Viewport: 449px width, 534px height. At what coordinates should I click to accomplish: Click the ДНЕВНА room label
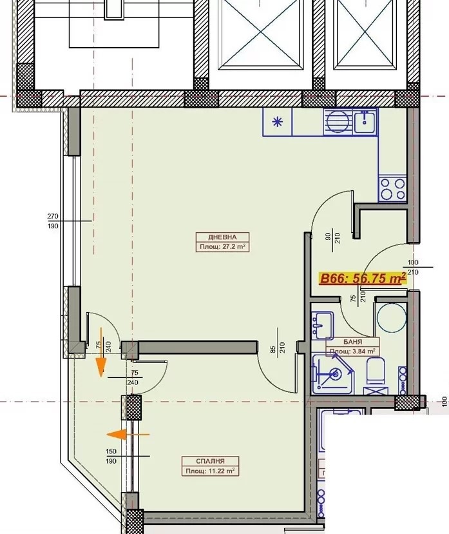(222, 237)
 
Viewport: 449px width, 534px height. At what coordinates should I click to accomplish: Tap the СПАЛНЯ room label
(210, 461)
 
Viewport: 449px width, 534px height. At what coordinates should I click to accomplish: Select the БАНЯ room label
(353, 342)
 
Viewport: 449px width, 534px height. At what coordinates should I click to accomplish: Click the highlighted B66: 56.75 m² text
(363, 278)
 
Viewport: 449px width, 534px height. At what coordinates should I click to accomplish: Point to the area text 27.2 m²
(234, 246)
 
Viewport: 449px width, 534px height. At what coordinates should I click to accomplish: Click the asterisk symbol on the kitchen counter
(278, 122)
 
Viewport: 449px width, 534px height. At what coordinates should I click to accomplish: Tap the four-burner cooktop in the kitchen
(393, 189)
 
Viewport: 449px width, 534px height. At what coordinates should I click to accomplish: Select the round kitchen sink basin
(338, 122)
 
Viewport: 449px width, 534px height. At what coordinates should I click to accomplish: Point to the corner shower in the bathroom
(333, 374)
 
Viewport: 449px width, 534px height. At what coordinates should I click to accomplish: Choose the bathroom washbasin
(322, 326)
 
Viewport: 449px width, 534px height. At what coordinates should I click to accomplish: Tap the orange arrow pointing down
(101, 353)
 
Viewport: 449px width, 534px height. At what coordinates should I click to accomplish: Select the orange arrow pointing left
(128, 435)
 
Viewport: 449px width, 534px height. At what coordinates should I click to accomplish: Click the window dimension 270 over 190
(53, 221)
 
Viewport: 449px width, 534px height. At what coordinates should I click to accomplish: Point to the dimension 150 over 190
(111, 456)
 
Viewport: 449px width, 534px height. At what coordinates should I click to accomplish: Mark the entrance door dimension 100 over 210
(413, 268)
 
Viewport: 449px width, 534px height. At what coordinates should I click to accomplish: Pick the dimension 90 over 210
(332, 237)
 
